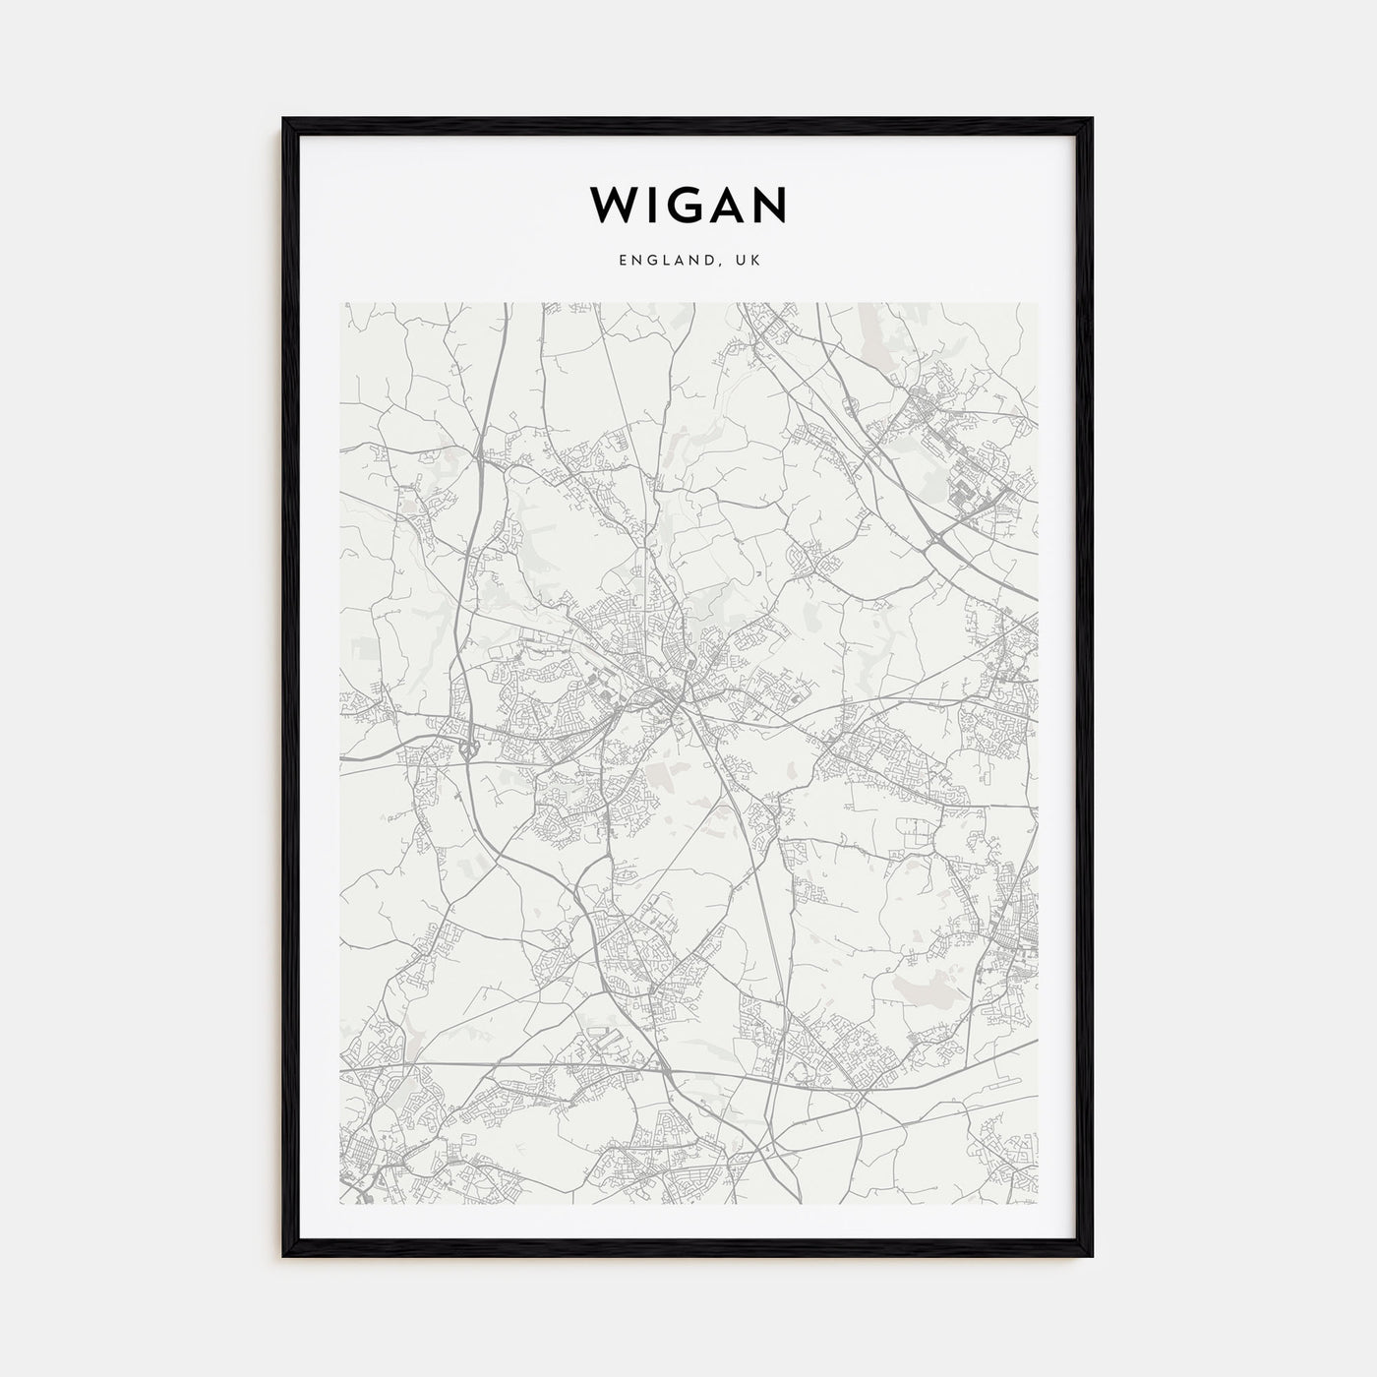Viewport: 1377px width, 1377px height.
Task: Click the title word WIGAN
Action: point(688,205)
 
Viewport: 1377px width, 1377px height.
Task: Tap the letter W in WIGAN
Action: point(612,205)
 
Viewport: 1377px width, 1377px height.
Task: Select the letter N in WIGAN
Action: point(769,205)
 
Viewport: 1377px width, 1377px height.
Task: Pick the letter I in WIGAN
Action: point(650,205)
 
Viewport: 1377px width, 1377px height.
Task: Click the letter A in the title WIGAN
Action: point(727,205)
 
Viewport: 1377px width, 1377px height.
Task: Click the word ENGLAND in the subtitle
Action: point(662,261)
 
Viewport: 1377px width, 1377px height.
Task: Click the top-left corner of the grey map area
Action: point(340,303)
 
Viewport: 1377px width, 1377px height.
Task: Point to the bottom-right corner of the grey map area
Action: point(1038,1205)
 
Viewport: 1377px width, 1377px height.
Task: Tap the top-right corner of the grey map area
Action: point(1038,303)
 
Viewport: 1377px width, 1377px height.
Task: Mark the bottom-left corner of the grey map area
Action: point(340,1205)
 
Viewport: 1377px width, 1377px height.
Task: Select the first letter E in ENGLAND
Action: point(623,261)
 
